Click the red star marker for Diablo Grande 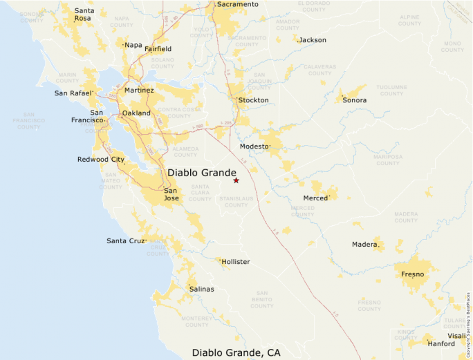point(236,180)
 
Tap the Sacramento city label point(237,4)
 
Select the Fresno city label point(412,274)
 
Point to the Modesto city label point(254,146)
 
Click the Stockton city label point(253,100)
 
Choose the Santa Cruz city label point(126,240)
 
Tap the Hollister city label point(235,262)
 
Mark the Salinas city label point(201,289)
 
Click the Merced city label point(316,198)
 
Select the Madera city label point(365,245)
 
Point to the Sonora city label point(354,100)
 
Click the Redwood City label point(100,160)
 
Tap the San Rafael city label point(73,93)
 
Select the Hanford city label point(441,343)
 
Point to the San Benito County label point(261,302)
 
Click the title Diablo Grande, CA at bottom point(236,353)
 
